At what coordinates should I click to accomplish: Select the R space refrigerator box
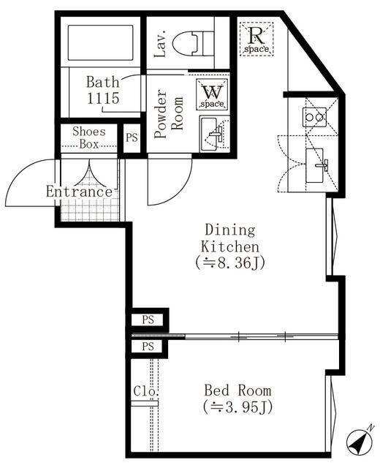256,37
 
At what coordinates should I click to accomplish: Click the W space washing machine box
213,94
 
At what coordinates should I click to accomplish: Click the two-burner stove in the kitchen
315,116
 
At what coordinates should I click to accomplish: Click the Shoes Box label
88,138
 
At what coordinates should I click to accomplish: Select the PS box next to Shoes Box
132,137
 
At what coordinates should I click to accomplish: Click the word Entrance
80,192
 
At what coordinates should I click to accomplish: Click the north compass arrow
359,439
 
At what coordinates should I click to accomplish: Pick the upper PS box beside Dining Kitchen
148,319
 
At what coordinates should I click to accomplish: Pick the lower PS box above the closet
148,346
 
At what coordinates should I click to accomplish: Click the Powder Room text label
169,115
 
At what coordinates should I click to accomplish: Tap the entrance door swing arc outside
29,186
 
